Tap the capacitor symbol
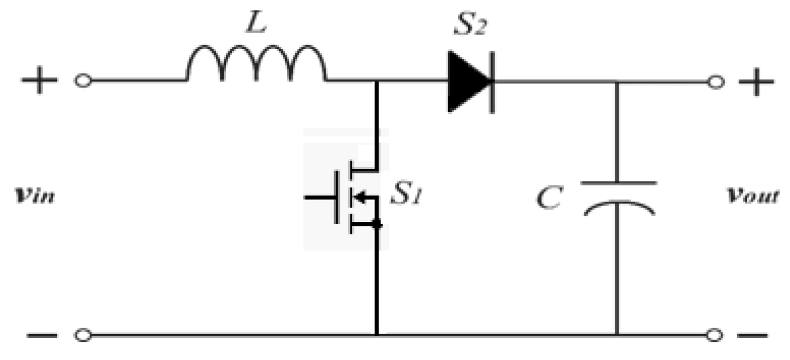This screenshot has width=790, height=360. click(x=618, y=197)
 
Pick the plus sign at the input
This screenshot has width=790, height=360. click(x=39, y=81)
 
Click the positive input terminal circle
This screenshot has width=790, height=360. click(x=83, y=81)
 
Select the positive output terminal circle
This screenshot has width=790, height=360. click(x=716, y=82)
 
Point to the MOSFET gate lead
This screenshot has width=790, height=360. click(x=321, y=197)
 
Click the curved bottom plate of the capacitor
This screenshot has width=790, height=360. click(x=618, y=207)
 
